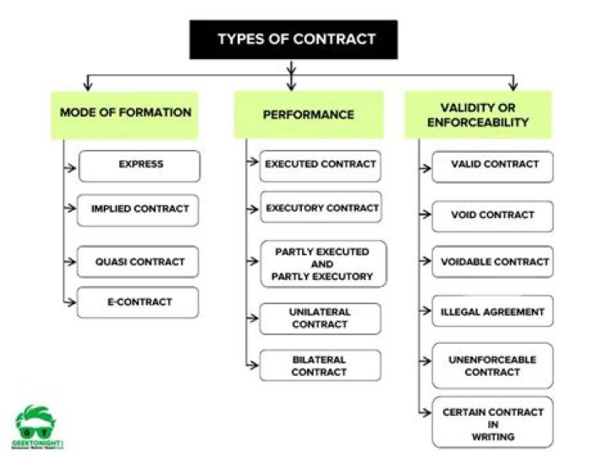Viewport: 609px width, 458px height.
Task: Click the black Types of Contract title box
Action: coord(294,40)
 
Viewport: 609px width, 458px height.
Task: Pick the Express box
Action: coord(140,166)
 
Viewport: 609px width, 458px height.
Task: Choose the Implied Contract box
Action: coord(139,210)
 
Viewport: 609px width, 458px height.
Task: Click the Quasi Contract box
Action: coord(139,261)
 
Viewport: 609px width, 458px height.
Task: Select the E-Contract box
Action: coord(139,302)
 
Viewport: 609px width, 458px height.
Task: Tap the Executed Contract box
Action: coord(321,165)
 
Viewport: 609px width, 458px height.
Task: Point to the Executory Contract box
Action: coord(321,208)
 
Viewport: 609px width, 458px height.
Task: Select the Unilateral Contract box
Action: coord(320,319)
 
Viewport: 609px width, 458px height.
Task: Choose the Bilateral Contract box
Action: coord(320,365)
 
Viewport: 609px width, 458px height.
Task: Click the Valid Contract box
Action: coord(492,166)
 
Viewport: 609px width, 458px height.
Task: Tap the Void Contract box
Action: coord(492,215)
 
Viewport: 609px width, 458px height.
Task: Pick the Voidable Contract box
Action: coord(492,262)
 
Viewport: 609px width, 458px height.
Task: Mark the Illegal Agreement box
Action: coord(492,312)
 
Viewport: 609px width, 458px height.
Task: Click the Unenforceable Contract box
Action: coord(492,366)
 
